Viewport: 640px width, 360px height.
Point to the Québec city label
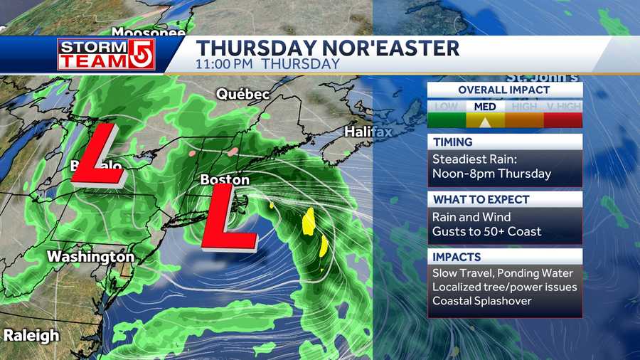click(243, 94)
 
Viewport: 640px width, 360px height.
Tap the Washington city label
click(90, 256)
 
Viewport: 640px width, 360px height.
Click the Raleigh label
click(31, 335)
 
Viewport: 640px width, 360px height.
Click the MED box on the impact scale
click(484, 107)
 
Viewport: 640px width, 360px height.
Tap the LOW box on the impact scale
click(446, 107)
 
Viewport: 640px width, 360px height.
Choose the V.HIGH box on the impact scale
click(563, 107)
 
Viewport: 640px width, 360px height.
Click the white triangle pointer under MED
click(485, 122)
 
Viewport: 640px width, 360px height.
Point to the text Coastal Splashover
click(484, 302)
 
